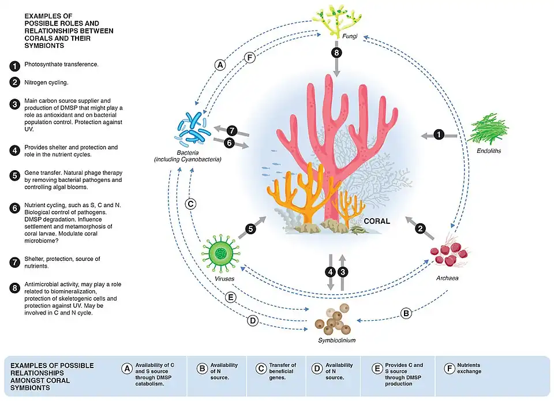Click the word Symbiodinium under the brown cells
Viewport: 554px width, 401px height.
coord(337,340)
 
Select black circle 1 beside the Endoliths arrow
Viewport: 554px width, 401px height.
coord(439,135)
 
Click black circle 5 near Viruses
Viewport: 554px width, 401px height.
coord(249,228)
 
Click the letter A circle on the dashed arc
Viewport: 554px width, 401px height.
coord(219,65)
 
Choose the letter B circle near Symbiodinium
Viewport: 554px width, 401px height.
coord(406,313)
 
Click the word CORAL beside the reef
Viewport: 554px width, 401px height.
coord(376,222)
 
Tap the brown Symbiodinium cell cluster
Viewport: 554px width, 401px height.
coord(336,319)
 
